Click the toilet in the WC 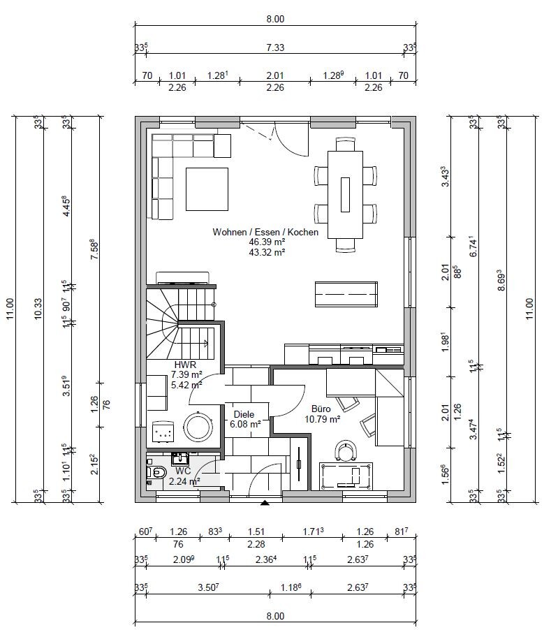click(156, 473)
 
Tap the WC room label click(183, 471)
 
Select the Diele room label click(244, 414)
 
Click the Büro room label click(321, 409)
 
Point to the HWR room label click(185, 365)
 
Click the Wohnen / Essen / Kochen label click(265, 232)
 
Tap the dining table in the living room click(345, 194)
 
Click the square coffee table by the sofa click(207, 189)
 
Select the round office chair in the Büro click(345, 450)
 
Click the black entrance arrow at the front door click(265, 503)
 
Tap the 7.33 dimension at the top click(275, 47)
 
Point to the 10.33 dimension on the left click(38, 309)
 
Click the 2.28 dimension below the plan click(256, 544)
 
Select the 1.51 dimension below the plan click(256, 532)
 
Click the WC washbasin click(180, 458)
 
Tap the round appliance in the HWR click(198, 427)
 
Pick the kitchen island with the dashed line click(346, 294)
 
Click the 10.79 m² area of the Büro click(323, 420)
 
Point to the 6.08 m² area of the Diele click(245, 424)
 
